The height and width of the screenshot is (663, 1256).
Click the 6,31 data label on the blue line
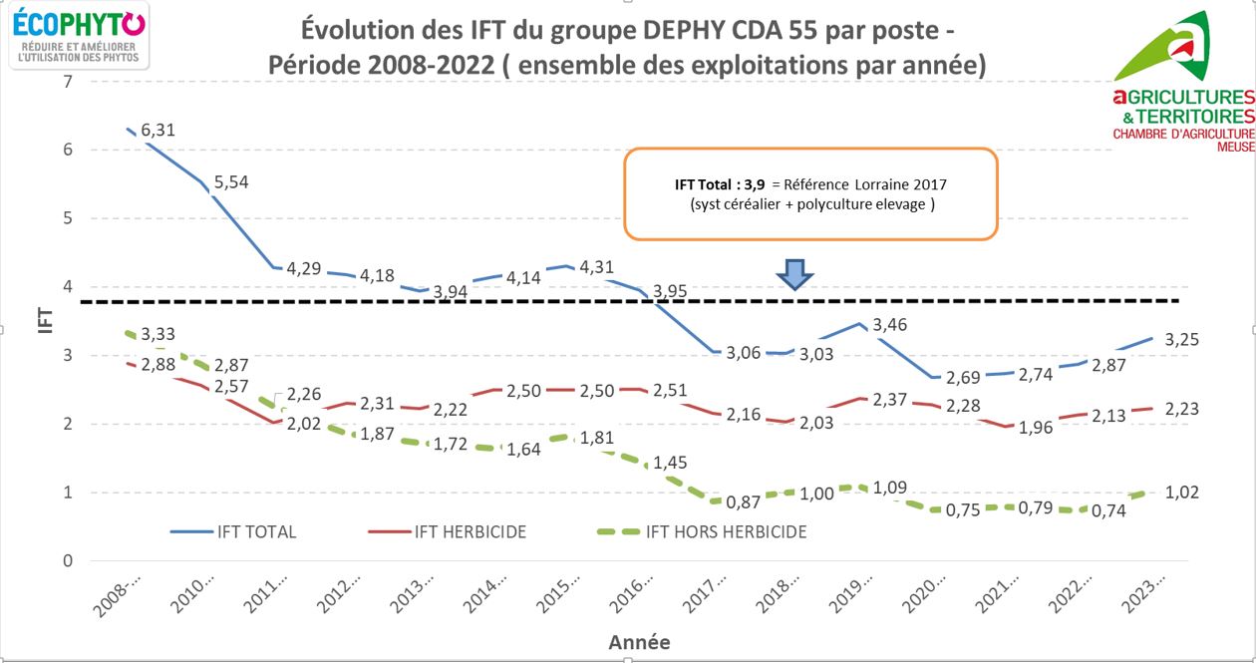click(x=157, y=130)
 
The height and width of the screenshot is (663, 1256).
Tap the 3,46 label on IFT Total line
click(x=890, y=325)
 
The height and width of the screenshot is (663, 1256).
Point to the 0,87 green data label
click(x=744, y=501)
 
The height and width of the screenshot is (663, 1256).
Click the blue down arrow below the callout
click(x=794, y=274)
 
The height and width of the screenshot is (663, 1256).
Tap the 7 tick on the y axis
click(x=68, y=81)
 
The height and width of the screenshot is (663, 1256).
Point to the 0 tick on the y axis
click(x=68, y=561)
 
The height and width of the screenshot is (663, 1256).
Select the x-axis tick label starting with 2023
click(x=1160, y=597)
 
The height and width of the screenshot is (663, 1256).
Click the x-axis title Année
click(x=639, y=643)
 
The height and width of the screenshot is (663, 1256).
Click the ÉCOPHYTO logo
click(x=81, y=35)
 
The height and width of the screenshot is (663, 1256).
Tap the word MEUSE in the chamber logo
click(x=1233, y=147)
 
